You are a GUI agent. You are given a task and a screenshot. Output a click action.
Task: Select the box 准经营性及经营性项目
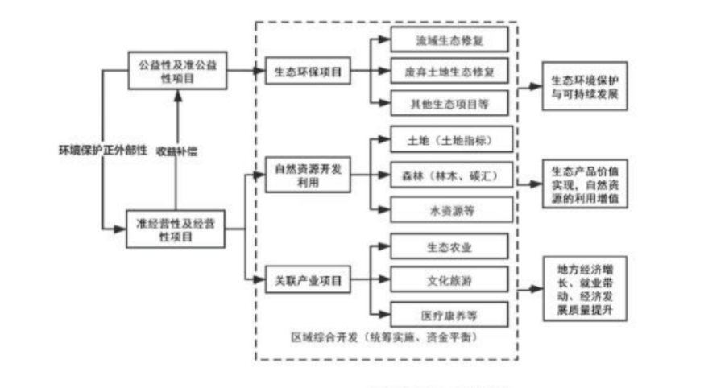point(176,229)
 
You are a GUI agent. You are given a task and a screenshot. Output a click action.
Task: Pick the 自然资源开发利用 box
point(309,176)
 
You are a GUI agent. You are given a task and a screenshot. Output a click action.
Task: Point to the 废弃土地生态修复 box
point(450,72)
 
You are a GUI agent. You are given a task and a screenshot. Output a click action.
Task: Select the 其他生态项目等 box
point(450,103)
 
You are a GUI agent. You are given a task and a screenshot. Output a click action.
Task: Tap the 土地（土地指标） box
point(450,141)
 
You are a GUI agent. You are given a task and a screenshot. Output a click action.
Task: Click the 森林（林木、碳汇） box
point(450,175)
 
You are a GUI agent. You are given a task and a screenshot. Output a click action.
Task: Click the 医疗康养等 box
point(450,313)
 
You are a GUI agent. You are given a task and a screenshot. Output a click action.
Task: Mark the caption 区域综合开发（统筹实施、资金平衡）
point(385,336)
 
